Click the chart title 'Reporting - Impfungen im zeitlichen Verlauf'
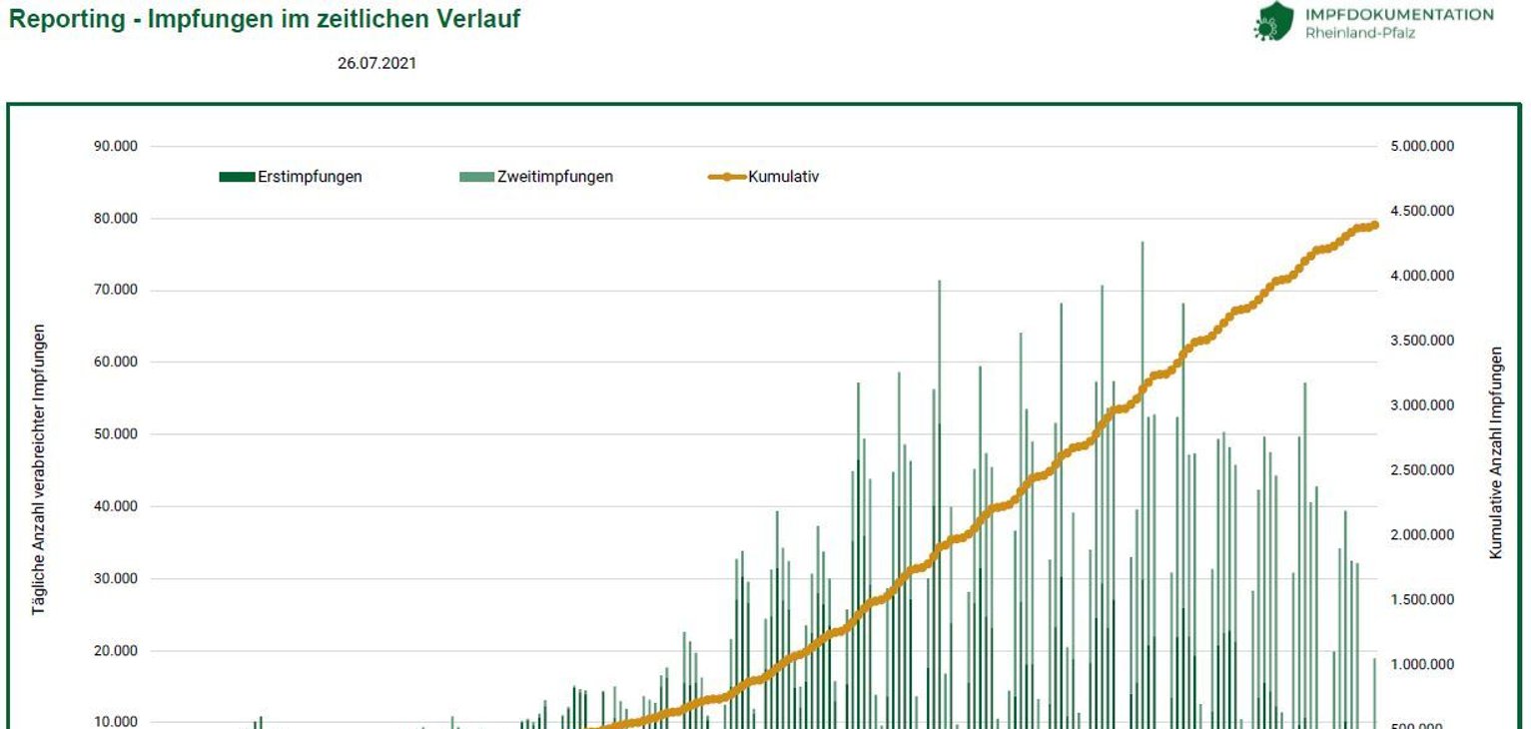pyautogui.click(x=265, y=19)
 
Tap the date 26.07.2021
pyautogui.click(x=377, y=63)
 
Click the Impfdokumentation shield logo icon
pyautogui.click(x=1272, y=20)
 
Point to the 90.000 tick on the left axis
pyautogui.click(x=116, y=147)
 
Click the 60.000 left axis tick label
pyautogui.click(x=116, y=363)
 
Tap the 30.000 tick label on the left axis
pyautogui.click(x=116, y=579)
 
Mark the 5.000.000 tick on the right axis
pyautogui.click(x=1421, y=147)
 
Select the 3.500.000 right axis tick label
pyautogui.click(x=1421, y=341)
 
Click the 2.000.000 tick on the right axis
pyautogui.click(x=1421, y=535)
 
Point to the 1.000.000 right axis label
pyautogui.click(x=1421, y=665)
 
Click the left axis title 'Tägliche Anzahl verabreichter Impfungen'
pyautogui.click(x=39, y=468)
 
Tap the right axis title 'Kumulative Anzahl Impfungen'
pyautogui.click(x=1495, y=452)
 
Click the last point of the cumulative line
pyautogui.click(x=1374, y=225)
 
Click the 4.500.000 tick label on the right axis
pyautogui.click(x=1421, y=211)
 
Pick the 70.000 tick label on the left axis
pyautogui.click(x=116, y=291)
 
